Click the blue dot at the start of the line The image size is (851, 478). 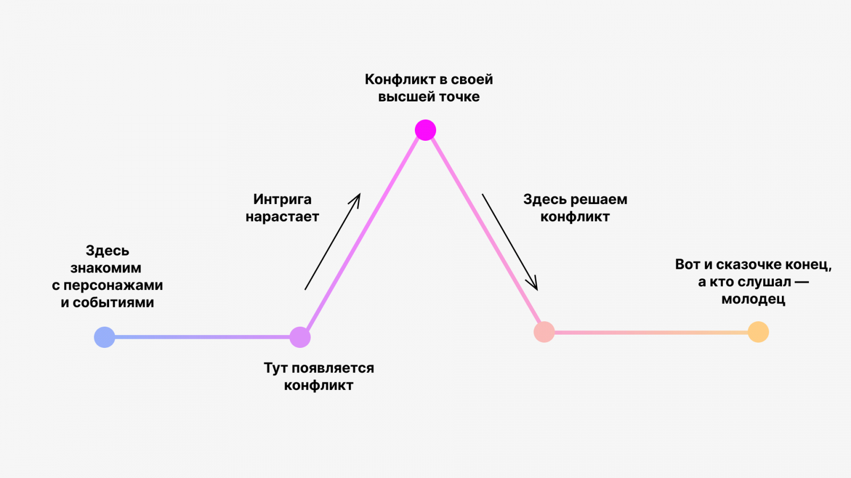tap(105, 337)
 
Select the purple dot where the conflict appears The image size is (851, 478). tap(300, 337)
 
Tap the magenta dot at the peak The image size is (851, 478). tap(425, 130)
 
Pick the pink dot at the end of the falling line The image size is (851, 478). tap(544, 332)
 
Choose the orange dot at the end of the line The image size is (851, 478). tap(758, 332)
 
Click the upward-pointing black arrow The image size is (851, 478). tap(332, 242)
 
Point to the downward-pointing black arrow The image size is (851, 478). tap(510, 242)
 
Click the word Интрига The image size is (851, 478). tap(282, 200)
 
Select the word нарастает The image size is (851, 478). tap(282, 217)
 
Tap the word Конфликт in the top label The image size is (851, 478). tap(401, 80)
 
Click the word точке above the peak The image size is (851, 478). tap(460, 97)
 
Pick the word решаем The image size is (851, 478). tap(598, 200)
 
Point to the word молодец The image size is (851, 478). tap(753, 300)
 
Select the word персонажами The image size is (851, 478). tap(113, 286)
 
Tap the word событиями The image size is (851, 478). tap(113, 303)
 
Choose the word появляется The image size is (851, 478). tap(333, 368)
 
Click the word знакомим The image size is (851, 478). tap(106, 268)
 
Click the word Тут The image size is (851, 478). tap(276, 368)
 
